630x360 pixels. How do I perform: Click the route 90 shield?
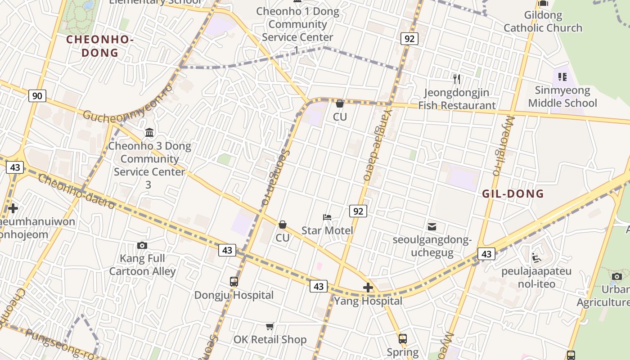(x=37, y=95)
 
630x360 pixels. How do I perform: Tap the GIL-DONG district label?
(x=513, y=194)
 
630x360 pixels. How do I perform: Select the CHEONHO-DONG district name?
(x=100, y=46)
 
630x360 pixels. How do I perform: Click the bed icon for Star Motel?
(x=327, y=217)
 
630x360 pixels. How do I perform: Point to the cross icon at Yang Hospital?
(x=368, y=288)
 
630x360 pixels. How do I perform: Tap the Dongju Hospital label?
(x=234, y=295)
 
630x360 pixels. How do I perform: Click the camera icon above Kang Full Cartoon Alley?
(x=142, y=245)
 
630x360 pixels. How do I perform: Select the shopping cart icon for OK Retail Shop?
(x=270, y=326)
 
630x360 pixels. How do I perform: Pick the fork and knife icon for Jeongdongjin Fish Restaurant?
(x=457, y=79)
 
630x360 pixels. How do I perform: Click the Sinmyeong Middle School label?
(x=562, y=97)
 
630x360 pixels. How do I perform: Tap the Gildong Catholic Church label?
(x=543, y=22)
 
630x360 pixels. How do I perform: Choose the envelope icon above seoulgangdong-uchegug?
(x=432, y=226)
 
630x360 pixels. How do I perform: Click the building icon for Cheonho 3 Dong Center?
(x=149, y=133)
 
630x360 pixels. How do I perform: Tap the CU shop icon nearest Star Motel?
(x=283, y=224)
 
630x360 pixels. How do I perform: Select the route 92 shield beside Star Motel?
(x=358, y=211)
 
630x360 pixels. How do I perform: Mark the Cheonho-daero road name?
(x=76, y=192)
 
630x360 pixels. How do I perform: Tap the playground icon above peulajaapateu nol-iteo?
(x=536, y=258)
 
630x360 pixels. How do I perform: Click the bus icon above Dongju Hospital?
(x=234, y=282)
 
